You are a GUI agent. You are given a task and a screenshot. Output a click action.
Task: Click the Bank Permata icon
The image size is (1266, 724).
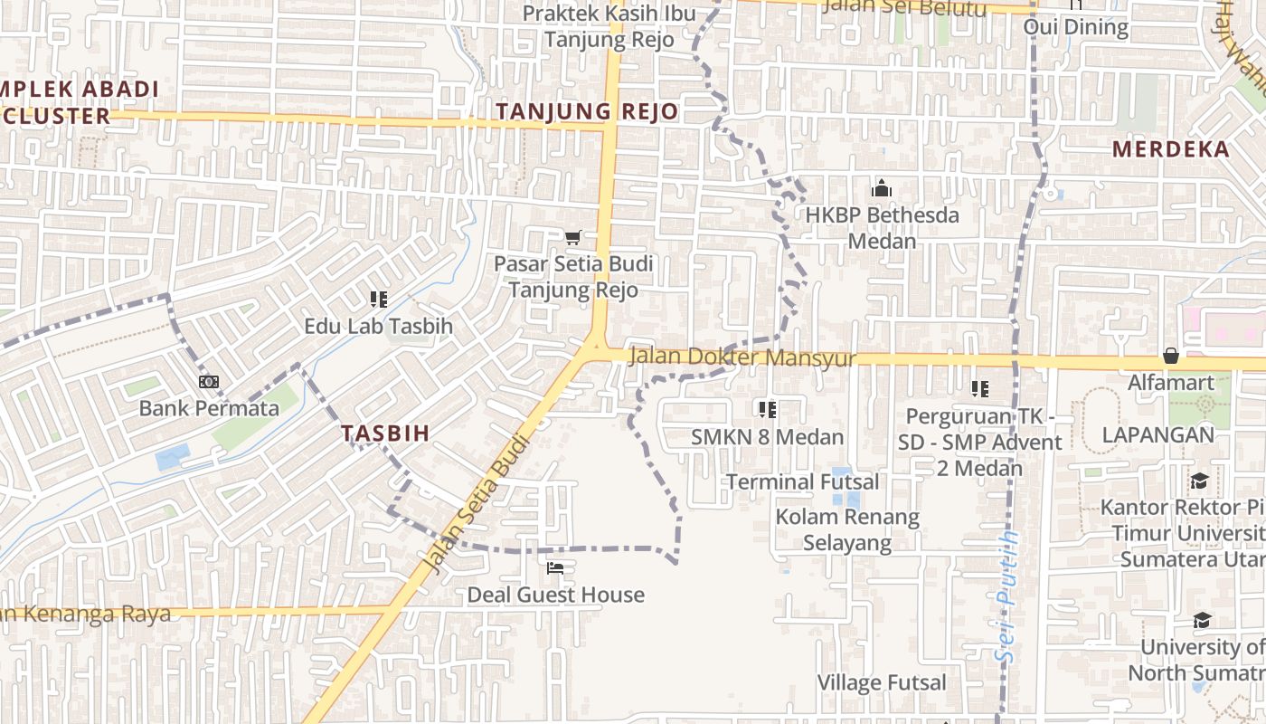[x=209, y=382]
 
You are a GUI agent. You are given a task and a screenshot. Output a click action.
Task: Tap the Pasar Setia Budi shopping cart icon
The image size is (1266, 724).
[x=572, y=238]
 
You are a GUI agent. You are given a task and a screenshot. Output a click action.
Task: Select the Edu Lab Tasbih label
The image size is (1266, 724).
[x=378, y=326]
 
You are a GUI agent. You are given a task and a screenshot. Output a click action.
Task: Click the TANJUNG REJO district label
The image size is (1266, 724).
[x=587, y=111]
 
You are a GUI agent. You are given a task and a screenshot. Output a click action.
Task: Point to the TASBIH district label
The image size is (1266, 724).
[x=386, y=433]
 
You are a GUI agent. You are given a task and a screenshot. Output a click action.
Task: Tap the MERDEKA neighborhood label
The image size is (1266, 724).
[x=1171, y=149]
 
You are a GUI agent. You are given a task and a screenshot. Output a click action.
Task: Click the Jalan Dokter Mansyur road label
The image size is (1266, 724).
[x=742, y=357]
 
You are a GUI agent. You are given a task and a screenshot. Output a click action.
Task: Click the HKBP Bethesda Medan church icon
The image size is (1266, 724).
[x=881, y=189]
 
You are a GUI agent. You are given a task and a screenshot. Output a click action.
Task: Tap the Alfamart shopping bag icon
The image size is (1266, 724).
[x=1171, y=356]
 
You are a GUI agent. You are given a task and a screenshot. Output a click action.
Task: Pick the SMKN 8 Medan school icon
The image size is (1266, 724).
[x=768, y=410]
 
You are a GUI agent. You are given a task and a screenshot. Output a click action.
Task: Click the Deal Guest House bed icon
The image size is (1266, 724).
[x=555, y=568]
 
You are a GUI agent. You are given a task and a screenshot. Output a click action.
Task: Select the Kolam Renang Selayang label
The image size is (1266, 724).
[x=847, y=529]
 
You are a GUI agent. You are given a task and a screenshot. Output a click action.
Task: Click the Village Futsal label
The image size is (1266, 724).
[x=882, y=682]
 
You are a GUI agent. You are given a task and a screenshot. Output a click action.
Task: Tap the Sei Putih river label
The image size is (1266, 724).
[x=1006, y=597]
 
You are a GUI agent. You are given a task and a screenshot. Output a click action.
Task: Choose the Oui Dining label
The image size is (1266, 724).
[x=1076, y=27]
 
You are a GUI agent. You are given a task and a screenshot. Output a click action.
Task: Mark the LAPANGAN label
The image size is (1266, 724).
[x=1157, y=435]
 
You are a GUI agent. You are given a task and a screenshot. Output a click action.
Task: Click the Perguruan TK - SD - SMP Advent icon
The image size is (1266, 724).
[x=979, y=389]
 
